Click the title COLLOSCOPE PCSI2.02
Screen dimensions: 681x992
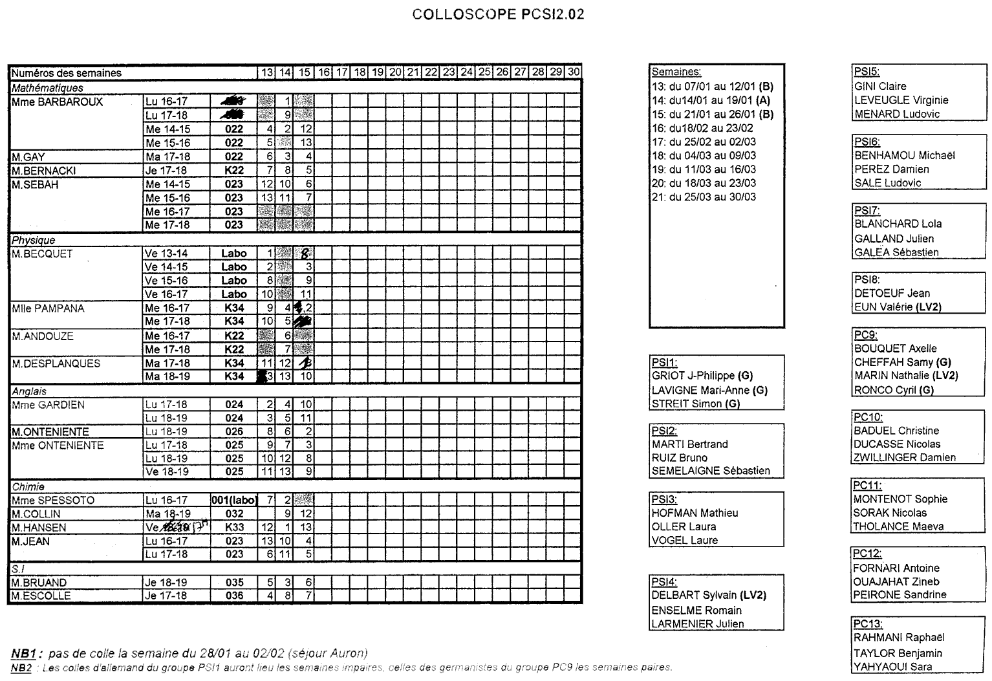pos(498,14)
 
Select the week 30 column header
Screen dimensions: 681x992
pos(573,72)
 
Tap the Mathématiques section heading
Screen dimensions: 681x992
pos(47,88)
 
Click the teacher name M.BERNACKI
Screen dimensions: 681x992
pos(43,171)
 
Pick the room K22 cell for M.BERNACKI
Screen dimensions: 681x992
pos(233,171)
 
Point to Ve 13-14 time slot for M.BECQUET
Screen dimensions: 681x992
pos(166,254)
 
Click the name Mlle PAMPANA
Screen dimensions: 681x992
pos(48,308)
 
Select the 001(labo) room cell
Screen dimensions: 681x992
pos(233,501)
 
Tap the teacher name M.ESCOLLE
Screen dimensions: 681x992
pos(41,596)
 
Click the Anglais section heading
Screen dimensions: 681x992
pos(29,392)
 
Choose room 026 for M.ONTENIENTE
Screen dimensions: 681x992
pos(233,432)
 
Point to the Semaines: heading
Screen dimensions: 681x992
pos(676,72)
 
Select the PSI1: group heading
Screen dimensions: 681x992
pos(664,363)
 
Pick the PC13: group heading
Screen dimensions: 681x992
pos(867,624)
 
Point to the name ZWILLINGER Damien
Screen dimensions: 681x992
pos(904,458)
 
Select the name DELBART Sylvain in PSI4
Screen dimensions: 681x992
pos(694,596)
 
